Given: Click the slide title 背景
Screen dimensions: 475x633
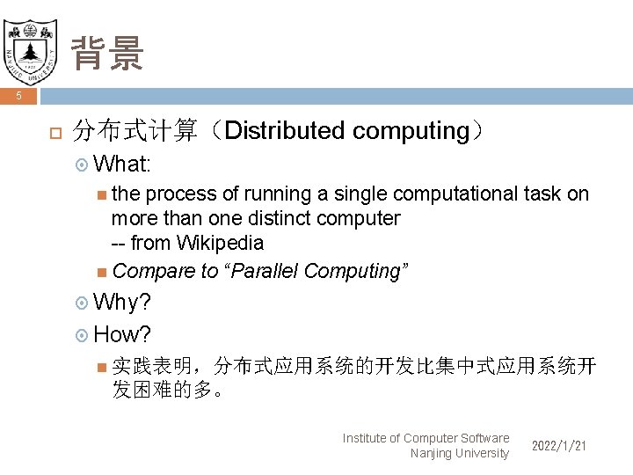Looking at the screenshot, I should (107, 54).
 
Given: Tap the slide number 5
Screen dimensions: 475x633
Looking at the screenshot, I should (18, 96).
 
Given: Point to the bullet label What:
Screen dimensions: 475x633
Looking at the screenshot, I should (122, 164).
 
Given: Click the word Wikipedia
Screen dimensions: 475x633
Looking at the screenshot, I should (220, 242).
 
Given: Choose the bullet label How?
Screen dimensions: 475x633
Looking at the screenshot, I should (122, 334).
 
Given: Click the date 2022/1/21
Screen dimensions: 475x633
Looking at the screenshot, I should (559, 446).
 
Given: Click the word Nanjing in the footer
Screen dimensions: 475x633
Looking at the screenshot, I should (432, 453).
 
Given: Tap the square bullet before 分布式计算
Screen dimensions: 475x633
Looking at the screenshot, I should (53, 133).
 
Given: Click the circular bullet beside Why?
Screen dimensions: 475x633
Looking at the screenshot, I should (83, 303).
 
